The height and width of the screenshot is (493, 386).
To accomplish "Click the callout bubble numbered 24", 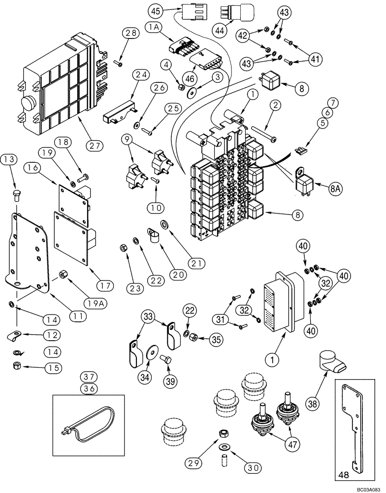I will (x=142, y=75).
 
